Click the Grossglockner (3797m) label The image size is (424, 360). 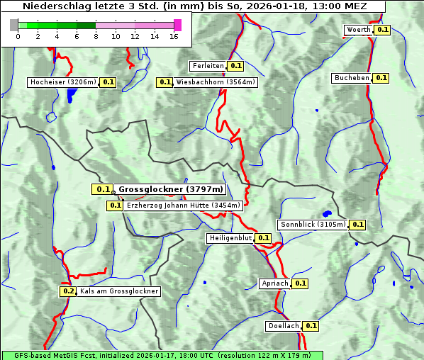[x=171, y=189]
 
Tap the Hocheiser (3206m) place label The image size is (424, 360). [x=63, y=82]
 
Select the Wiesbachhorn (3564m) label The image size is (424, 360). [x=216, y=82]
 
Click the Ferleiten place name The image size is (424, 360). [x=208, y=66]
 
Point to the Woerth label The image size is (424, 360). [x=358, y=30]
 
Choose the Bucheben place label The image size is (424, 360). [x=352, y=78]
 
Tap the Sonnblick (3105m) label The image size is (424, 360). [x=313, y=225]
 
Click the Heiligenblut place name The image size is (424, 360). [x=230, y=238]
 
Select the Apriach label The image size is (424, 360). [x=275, y=283]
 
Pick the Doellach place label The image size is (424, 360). [x=284, y=326]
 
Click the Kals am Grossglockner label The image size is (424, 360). [x=119, y=291]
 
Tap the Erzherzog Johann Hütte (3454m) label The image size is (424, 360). [x=183, y=206]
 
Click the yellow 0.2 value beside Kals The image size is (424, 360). [x=68, y=291]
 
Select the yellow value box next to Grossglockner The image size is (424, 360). [x=103, y=189]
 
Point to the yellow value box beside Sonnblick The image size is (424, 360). [x=357, y=225]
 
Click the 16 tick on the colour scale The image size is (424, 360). [x=174, y=36]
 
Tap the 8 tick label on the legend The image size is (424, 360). [x=96, y=36]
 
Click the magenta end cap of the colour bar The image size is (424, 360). [x=177, y=25]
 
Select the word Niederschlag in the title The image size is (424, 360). [x=53, y=6]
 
